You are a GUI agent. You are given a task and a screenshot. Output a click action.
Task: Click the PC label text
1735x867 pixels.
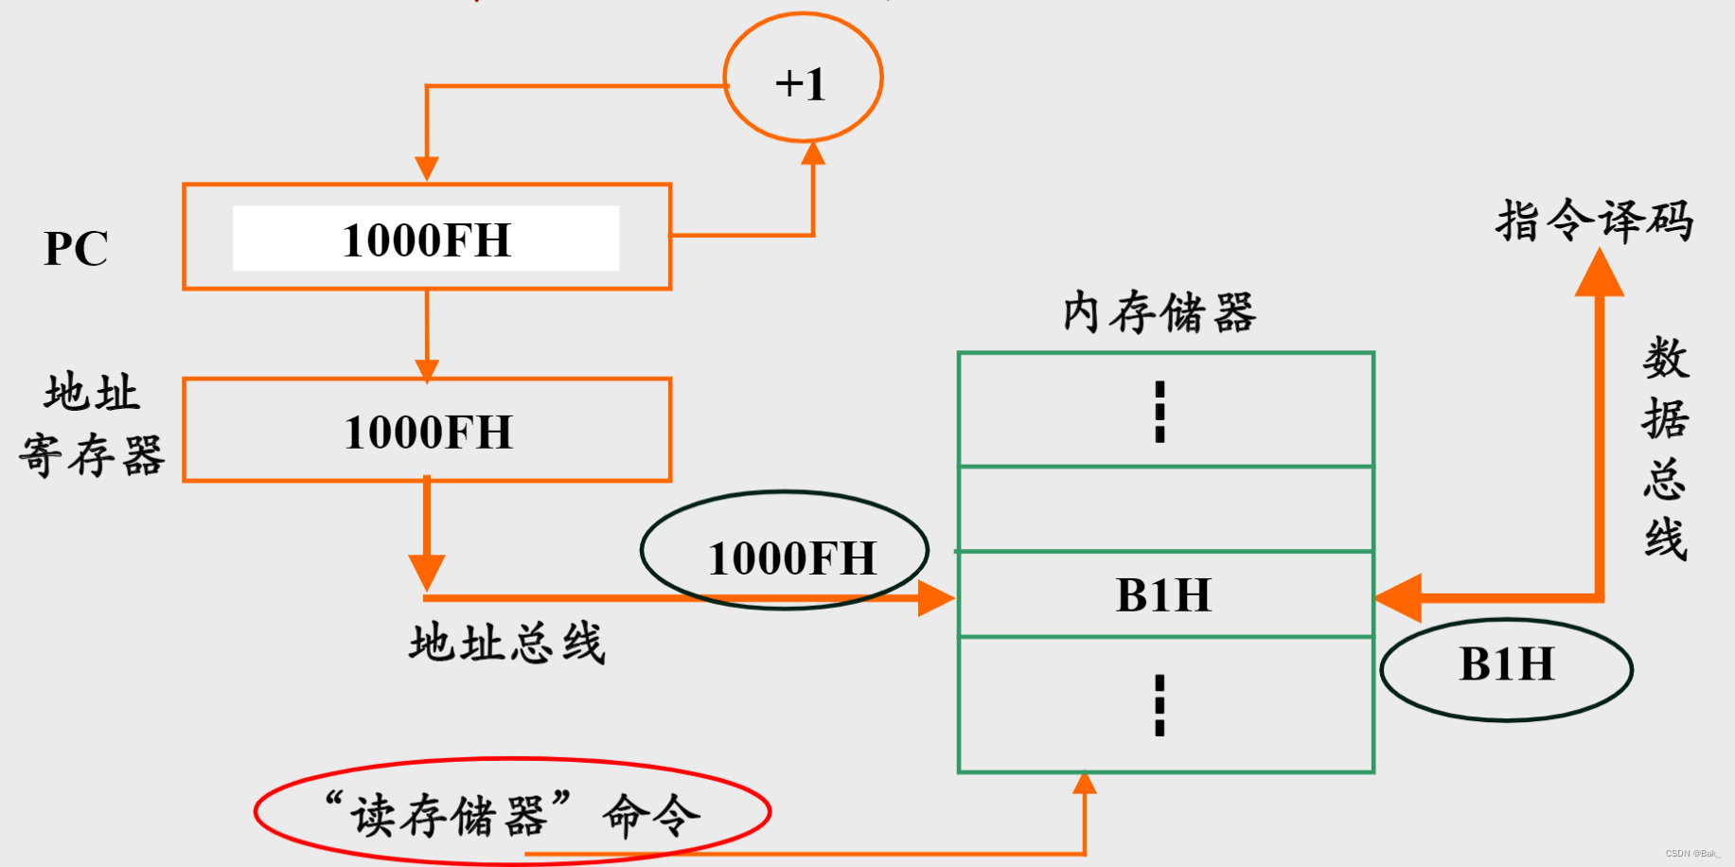pyautogui.click(x=76, y=249)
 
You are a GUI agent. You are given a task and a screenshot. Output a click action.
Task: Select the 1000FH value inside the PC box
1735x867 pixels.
pyautogui.click(x=426, y=239)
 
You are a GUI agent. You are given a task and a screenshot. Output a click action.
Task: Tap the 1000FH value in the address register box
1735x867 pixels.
pyautogui.click(x=428, y=432)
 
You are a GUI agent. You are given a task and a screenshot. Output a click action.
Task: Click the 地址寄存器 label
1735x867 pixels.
pyautogui.click(x=92, y=424)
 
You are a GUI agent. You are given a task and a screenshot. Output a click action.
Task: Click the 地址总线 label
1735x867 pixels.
pyautogui.click(x=506, y=644)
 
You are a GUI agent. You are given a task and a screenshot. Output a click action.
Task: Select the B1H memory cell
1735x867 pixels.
pyautogui.click(x=1164, y=594)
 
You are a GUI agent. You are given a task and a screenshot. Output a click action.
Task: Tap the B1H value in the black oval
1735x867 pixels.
pyautogui.click(x=1506, y=664)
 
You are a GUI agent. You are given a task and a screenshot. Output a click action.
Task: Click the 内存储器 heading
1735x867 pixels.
pyautogui.click(x=1159, y=312)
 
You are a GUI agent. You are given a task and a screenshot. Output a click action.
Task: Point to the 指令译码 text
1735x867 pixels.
pyautogui.click(x=1594, y=221)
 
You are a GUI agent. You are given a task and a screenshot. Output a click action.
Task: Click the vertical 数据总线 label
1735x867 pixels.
pyautogui.click(x=1665, y=448)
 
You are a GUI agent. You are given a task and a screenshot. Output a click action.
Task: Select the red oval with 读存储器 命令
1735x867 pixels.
pyautogui.click(x=512, y=812)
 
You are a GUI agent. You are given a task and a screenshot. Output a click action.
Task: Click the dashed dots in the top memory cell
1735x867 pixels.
pyautogui.click(x=1160, y=412)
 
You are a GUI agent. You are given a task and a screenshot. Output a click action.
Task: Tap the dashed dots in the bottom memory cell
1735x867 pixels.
pyautogui.click(x=1160, y=705)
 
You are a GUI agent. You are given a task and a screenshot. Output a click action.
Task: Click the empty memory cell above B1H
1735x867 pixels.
pyautogui.click(x=1164, y=508)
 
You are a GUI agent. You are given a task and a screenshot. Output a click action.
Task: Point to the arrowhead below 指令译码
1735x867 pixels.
pyautogui.click(x=1599, y=274)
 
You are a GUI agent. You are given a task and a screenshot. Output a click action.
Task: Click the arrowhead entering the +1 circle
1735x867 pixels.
pyautogui.click(x=813, y=153)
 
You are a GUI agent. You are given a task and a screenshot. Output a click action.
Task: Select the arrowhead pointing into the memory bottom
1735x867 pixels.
pyautogui.click(x=1085, y=783)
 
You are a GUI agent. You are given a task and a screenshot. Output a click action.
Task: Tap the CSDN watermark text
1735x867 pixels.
pyautogui.click(x=1692, y=854)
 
